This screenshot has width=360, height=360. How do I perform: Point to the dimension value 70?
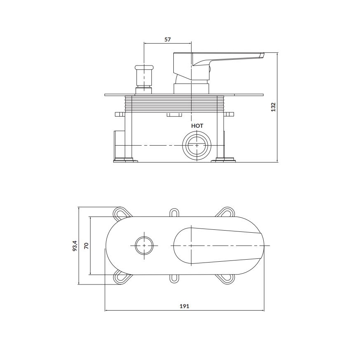coord(86,246)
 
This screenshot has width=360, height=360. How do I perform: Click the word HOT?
coord(197,125)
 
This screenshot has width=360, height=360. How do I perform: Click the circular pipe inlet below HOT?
coord(197,146)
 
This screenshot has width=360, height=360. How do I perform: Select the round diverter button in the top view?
coord(144,246)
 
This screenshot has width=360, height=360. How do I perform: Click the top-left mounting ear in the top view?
coord(121,213)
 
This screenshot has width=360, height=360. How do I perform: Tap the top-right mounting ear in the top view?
coord(226,213)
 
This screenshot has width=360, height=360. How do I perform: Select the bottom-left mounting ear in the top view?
coord(121,278)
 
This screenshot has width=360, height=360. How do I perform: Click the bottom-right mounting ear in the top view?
coord(226,278)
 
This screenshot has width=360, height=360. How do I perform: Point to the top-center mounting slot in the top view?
coord(174,213)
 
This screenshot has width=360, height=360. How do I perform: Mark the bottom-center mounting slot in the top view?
coord(174,279)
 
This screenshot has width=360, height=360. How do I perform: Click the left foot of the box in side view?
coord(125,160)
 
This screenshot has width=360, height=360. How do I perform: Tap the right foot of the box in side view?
coord(225,160)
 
